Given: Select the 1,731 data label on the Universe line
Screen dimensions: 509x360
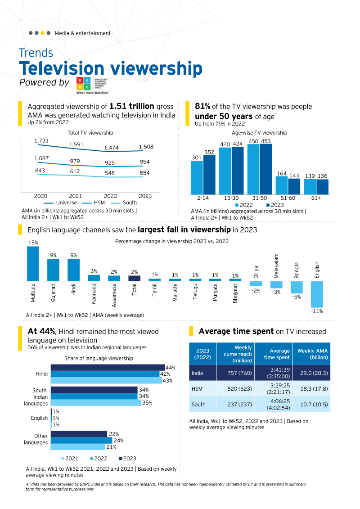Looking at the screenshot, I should point(41,141).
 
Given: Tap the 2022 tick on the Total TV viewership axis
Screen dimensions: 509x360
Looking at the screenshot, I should point(110,196).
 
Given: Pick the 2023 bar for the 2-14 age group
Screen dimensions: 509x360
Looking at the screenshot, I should point(209,175).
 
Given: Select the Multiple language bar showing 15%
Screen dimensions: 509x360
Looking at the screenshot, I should point(33,263).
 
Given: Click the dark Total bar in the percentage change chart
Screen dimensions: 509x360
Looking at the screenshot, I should point(135,278).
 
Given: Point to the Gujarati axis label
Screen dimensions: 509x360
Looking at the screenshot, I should point(53,293).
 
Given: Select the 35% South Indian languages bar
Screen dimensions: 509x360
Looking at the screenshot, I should point(95,403).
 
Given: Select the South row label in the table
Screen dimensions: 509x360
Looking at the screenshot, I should point(198,404).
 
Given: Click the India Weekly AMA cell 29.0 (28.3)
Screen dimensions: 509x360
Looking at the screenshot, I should point(311,373).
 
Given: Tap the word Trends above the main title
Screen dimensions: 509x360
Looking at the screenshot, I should point(36,53).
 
